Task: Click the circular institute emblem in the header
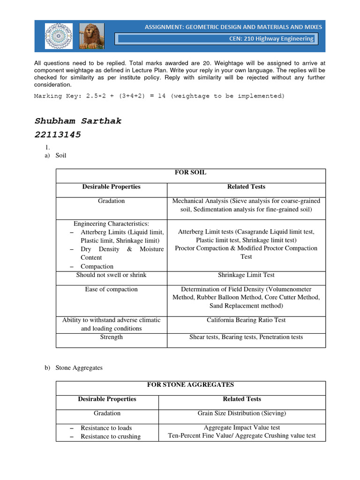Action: (x=59, y=36)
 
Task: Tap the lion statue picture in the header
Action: (x=92, y=36)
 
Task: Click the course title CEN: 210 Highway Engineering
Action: (x=271, y=38)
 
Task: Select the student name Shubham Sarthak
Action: (x=78, y=121)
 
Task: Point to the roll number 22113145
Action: (x=58, y=135)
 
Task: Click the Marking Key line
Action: (x=159, y=96)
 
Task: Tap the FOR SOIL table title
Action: (x=190, y=172)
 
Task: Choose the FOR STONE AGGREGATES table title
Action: (x=190, y=385)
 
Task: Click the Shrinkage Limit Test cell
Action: (x=246, y=275)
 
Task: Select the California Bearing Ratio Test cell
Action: (x=246, y=320)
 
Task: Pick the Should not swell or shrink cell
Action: (x=112, y=275)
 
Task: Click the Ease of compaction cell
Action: (x=112, y=289)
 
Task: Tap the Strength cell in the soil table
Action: (x=112, y=337)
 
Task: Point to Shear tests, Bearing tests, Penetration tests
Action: (x=246, y=337)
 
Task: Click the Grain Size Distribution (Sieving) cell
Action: (x=242, y=413)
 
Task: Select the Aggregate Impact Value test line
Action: (x=242, y=428)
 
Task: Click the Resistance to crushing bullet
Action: (x=110, y=436)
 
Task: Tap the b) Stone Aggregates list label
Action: (x=74, y=368)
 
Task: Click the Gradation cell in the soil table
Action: (x=112, y=201)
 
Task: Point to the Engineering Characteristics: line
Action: (x=112, y=224)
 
